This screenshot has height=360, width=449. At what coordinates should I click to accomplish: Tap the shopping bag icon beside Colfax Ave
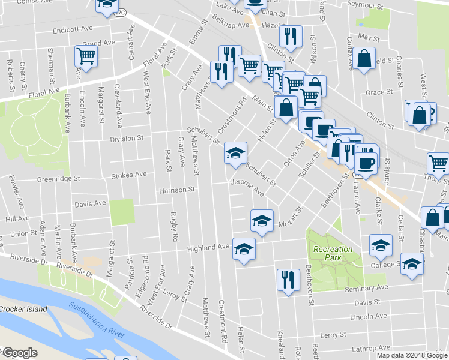[364, 59]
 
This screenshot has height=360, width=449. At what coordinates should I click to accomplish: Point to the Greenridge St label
[58, 179]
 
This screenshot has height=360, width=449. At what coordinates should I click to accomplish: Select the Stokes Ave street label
[129, 175]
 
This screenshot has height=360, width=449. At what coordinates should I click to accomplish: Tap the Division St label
[127, 138]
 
